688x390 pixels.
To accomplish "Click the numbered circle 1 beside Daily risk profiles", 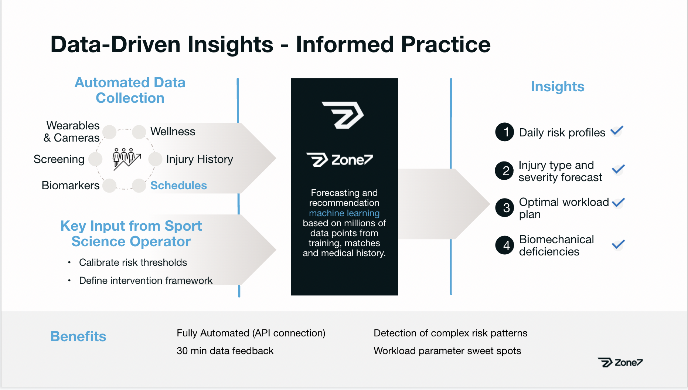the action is [x=505, y=132].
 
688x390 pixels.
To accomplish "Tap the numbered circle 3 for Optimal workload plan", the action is [x=505, y=208].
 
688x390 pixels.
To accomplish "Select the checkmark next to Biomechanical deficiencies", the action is [x=618, y=244].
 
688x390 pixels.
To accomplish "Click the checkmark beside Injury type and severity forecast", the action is [x=618, y=169].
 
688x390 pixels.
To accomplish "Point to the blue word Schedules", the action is [x=178, y=185].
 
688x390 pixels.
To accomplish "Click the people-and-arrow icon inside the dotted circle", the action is [x=126, y=159].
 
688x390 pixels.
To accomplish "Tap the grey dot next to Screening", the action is [x=95, y=159].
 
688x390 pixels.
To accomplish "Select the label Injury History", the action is [x=200, y=159].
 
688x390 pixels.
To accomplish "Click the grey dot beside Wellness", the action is [x=139, y=132].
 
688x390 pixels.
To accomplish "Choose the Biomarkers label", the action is [x=71, y=185].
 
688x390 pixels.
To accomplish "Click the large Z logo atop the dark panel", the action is [x=343, y=115].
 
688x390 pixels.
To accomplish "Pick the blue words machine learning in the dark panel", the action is [x=344, y=213].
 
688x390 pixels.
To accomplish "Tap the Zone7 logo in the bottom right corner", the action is [x=620, y=362].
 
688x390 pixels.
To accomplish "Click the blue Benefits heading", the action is [x=78, y=336].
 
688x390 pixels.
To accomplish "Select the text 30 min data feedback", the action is [x=225, y=350].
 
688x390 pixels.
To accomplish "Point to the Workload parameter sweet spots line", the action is [x=447, y=351].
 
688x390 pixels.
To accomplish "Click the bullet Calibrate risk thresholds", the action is [x=133, y=262].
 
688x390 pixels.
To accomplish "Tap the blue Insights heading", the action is [x=558, y=87].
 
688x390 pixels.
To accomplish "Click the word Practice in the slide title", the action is [x=446, y=44].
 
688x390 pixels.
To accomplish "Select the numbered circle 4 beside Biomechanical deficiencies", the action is [x=505, y=245].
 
